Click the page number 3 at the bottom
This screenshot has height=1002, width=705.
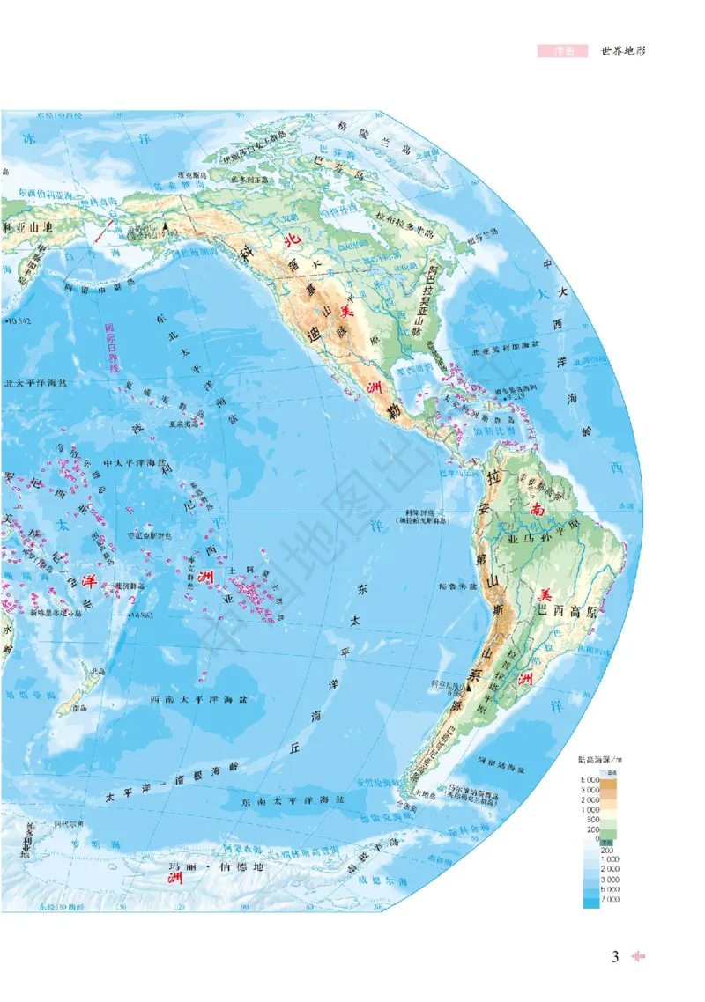pos(616,957)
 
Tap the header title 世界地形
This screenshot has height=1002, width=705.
pos(623,51)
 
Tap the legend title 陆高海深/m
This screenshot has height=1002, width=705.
pos(599,759)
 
